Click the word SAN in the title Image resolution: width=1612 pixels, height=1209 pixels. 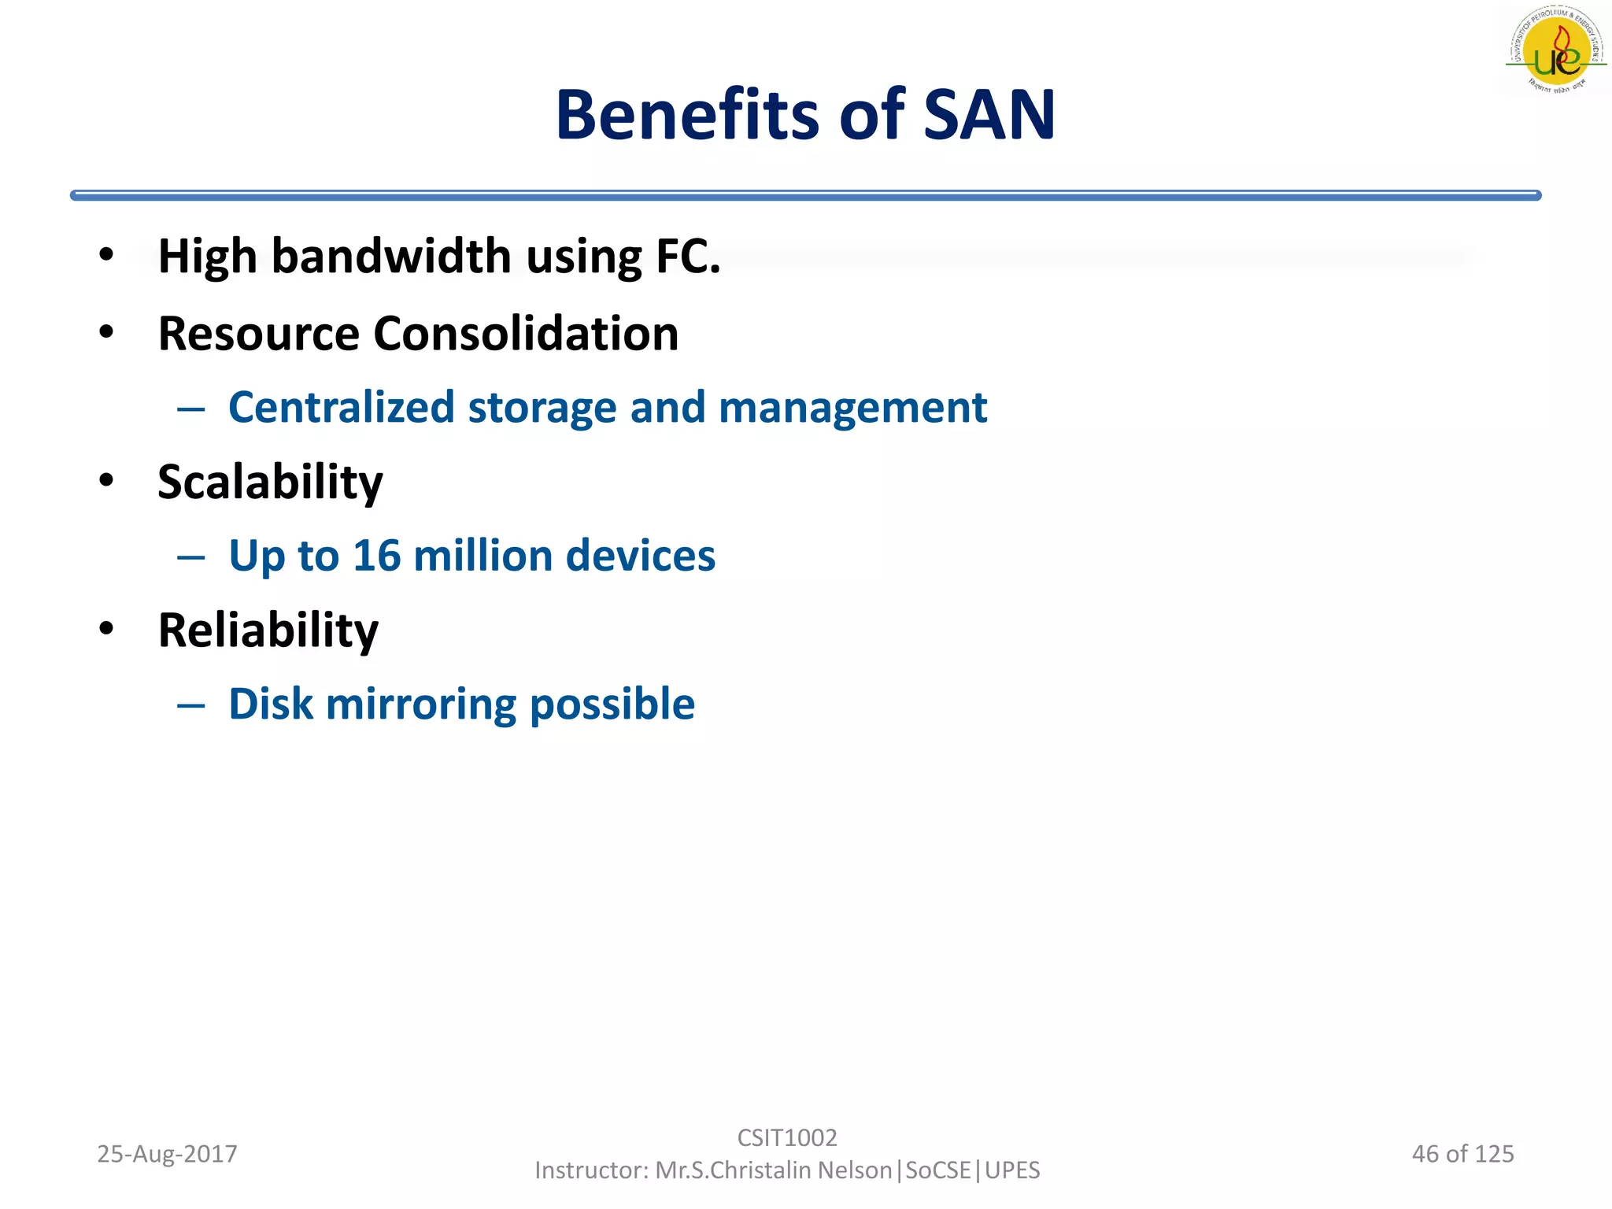coord(989,116)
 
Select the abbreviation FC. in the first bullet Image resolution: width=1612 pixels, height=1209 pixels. coord(688,257)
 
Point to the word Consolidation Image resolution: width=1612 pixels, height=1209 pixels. coord(525,334)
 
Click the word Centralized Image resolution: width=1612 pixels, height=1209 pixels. coord(342,408)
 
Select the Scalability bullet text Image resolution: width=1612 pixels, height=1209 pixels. coord(270,482)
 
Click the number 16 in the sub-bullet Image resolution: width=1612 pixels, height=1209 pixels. coord(376,556)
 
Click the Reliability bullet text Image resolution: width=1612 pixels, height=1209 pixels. coord(268,630)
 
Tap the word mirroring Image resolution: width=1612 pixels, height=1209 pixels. coord(421,704)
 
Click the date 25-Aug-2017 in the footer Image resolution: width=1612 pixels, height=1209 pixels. coord(167,1154)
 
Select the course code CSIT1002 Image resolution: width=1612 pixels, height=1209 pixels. coord(787,1137)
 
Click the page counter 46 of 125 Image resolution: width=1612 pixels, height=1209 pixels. coord(1462,1154)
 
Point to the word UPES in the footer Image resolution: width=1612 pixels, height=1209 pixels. coord(1012,1170)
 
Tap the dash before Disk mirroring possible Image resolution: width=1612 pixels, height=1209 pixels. coord(191,705)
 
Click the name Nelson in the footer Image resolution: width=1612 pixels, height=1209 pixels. coord(855,1170)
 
